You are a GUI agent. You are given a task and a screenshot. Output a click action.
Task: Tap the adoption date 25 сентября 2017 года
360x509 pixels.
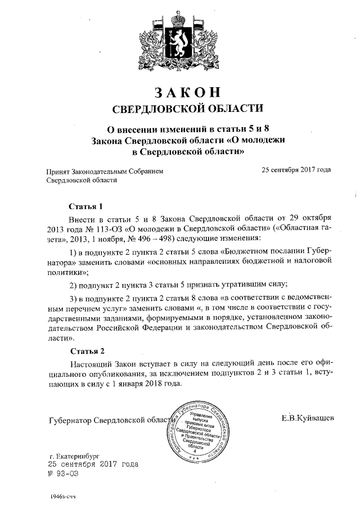296,170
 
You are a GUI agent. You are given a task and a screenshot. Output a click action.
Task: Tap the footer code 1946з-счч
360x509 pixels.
62,498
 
